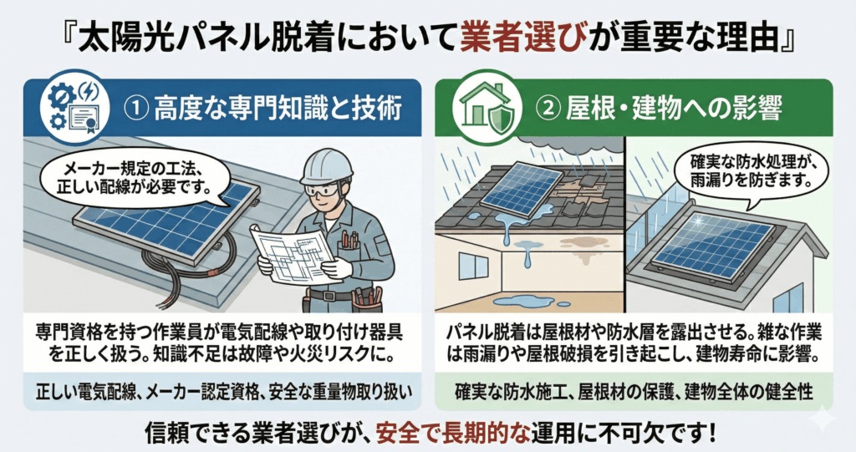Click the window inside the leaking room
473,267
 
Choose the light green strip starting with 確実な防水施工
634,391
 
